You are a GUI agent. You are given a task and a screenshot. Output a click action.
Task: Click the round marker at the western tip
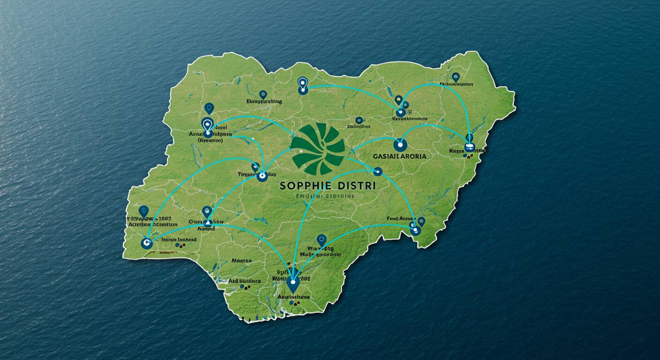click(x=147, y=243)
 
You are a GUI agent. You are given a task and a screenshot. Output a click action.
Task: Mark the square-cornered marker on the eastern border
click(x=469, y=148)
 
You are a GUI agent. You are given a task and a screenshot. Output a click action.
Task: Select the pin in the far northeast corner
click(x=455, y=77)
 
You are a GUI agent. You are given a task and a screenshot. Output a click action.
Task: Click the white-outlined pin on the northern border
click(x=302, y=83)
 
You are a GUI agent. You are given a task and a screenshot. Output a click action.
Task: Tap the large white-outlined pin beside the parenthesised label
click(x=207, y=125)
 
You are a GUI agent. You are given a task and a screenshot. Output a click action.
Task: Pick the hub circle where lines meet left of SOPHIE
click(x=262, y=176)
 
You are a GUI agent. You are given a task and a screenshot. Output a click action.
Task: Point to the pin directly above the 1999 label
click(x=144, y=211)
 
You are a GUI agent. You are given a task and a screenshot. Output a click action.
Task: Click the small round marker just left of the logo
click(x=300, y=151)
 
